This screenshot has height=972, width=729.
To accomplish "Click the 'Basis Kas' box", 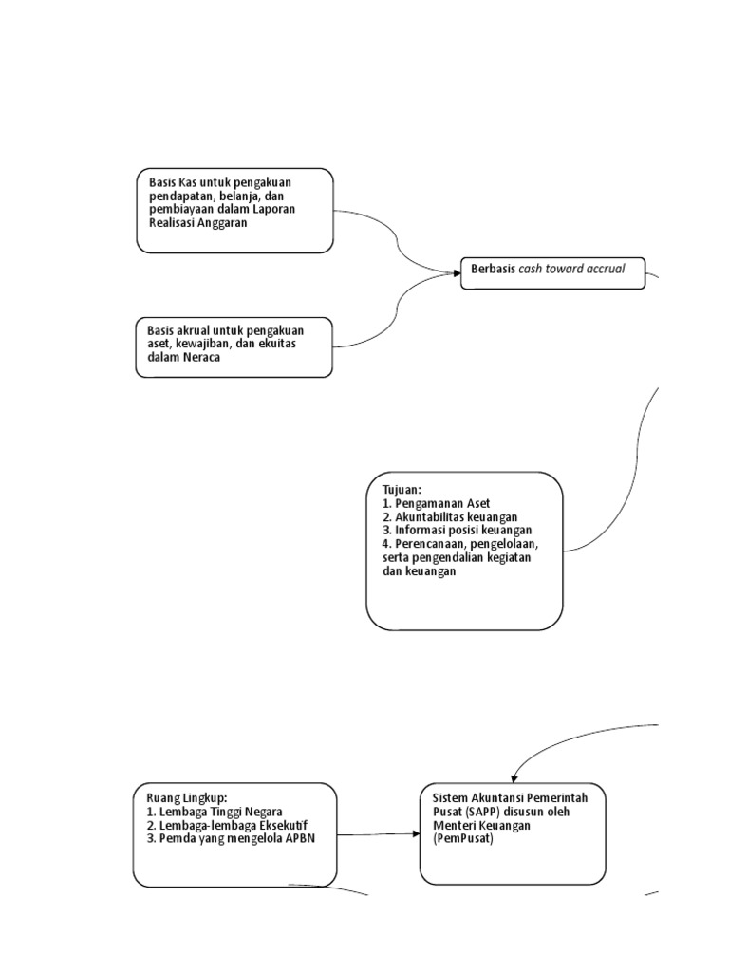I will tap(234, 211).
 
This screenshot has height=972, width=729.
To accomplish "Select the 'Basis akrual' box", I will tap(234, 347).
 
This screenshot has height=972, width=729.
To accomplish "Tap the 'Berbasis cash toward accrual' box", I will tap(552, 273).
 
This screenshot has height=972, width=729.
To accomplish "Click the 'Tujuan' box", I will tap(464, 551).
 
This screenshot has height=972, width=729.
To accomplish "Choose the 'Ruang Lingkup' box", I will tap(234, 833).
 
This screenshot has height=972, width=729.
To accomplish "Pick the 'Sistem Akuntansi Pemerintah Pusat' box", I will tap(512, 833).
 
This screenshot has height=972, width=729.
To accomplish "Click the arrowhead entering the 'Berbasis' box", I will tap(457, 273).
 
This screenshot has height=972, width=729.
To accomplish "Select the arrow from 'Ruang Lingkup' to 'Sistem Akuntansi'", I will tap(378, 834).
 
